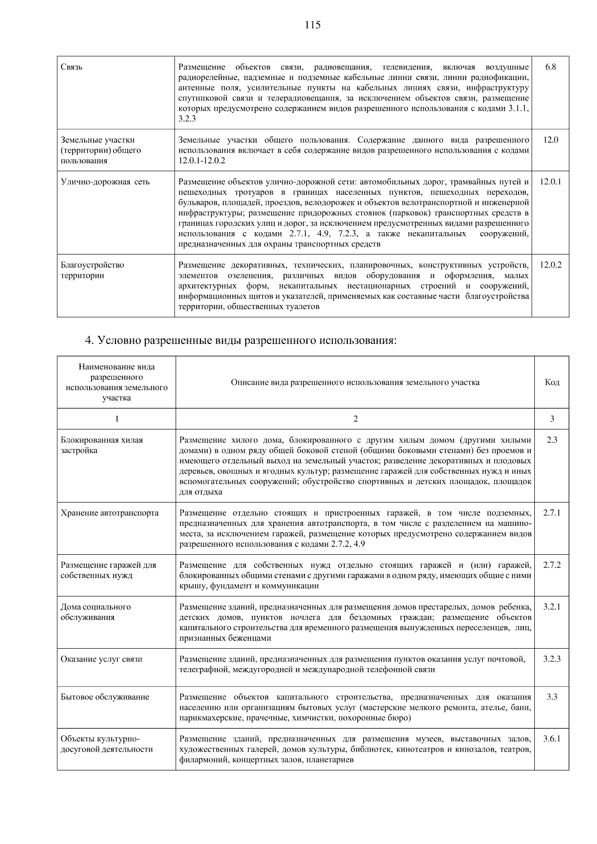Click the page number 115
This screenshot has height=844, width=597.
click(313, 25)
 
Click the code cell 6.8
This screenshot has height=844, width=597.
click(550, 67)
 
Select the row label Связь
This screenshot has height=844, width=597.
click(72, 67)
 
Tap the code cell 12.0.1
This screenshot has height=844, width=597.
click(550, 182)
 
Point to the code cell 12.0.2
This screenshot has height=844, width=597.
click(550, 265)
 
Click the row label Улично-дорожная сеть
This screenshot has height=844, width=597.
click(105, 182)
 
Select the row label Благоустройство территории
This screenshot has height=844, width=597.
click(93, 270)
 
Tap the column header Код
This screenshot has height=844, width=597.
click(552, 382)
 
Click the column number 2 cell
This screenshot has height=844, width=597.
click(355, 419)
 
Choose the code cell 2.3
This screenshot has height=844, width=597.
click(552, 440)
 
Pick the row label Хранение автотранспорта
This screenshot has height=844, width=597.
click(109, 513)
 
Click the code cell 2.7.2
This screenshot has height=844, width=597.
click(552, 565)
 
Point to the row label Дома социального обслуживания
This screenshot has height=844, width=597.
click(96, 612)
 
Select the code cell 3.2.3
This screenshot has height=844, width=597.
click(552, 659)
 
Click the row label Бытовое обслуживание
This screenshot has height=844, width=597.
click(105, 697)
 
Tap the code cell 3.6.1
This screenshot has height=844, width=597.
click(552, 739)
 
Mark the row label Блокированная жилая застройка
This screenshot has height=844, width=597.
click(102, 445)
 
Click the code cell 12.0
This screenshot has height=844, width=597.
click(550, 140)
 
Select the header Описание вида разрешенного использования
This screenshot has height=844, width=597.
click(355, 382)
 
